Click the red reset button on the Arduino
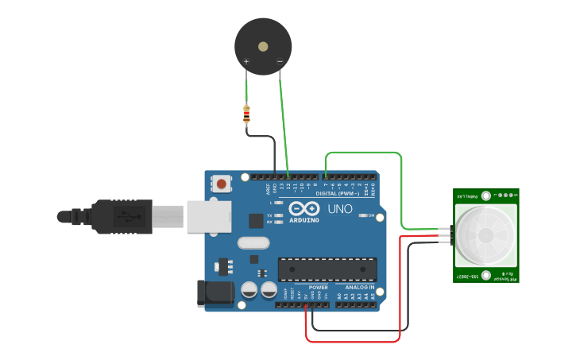(x=222, y=184)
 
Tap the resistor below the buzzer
(x=246, y=116)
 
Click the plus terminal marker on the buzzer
(x=246, y=61)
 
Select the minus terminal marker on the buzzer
(x=280, y=61)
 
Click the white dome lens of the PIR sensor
(x=485, y=234)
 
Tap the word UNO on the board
(x=340, y=209)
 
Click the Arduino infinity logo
(x=304, y=207)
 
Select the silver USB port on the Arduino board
(x=209, y=216)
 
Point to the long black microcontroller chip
(x=327, y=269)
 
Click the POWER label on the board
(x=318, y=288)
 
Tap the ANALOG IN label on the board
(x=359, y=288)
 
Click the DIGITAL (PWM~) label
(x=337, y=194)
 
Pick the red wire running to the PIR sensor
(x=400, y=286)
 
